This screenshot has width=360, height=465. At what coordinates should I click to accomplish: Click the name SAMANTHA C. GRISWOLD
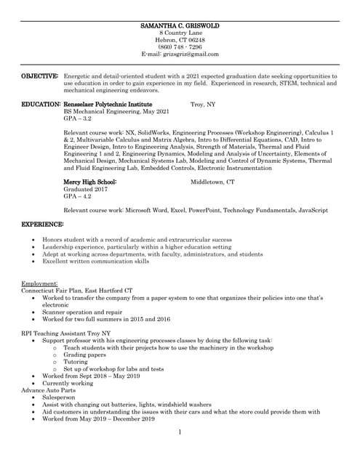[x=180, y=26]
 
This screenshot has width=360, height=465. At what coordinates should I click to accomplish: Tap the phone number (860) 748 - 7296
[x=180, y=47]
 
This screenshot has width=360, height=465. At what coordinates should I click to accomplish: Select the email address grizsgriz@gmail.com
[x=180, y=54]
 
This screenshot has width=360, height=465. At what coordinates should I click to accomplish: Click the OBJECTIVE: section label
[x=39, y=76]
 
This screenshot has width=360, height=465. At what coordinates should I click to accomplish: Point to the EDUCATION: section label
[x=41, y=105]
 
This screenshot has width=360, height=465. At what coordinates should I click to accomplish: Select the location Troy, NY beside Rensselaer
[x=203, y=105]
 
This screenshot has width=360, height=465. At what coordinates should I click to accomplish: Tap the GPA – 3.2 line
[x=78, y=118]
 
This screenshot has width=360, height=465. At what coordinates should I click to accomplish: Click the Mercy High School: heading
[x=90, y=182]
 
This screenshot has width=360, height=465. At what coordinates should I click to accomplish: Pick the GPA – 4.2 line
[x=78, y=196]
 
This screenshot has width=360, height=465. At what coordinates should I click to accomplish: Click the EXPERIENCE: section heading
[x=42, y=225]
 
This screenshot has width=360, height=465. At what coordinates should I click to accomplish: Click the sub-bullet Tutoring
[x=76, y=362]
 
